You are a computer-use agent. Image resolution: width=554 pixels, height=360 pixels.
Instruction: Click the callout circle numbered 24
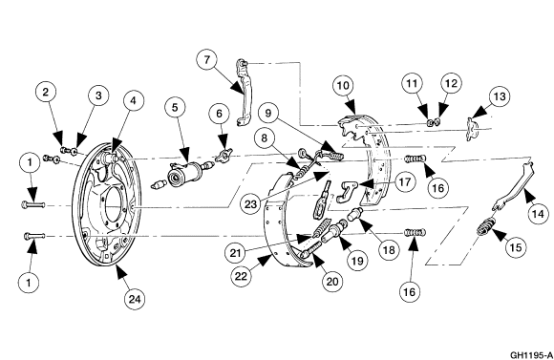135,300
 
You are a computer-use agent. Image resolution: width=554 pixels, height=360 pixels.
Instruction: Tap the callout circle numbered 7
207,60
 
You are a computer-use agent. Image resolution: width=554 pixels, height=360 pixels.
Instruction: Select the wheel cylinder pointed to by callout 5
183,174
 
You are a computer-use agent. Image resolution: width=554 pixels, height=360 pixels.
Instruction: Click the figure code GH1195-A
531,354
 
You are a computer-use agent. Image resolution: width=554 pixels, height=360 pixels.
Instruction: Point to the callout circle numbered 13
500,96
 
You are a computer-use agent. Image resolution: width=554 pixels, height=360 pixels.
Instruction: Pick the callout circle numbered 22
241,276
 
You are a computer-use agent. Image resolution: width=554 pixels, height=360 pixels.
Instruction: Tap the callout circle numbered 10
343,86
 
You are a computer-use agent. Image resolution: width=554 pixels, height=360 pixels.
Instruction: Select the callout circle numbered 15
516,247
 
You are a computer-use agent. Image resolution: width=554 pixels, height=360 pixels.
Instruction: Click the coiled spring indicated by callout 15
486,226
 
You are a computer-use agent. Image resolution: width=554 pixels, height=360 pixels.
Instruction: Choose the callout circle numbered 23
250,203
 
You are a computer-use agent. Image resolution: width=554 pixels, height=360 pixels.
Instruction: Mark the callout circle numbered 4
133,100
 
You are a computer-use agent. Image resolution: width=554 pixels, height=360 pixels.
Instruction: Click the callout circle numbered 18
389,250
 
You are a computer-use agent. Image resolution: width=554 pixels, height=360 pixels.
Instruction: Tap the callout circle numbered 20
332,282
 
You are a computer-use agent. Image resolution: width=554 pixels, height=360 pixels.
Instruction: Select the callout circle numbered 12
451,84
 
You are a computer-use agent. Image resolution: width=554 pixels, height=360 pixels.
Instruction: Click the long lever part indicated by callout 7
245,93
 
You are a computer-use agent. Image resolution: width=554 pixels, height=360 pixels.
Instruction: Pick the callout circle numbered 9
268,113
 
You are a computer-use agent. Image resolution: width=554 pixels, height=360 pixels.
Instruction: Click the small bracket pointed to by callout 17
346,192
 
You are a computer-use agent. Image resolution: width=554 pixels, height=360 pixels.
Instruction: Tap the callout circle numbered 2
46,93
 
